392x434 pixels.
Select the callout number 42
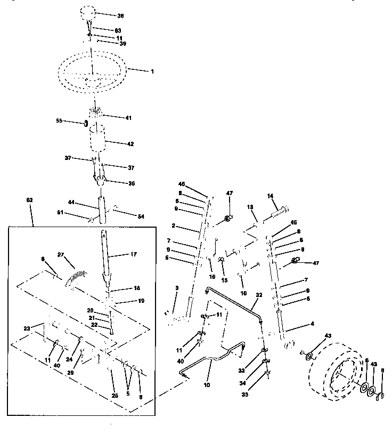pyautogui.click(x=130, y=144)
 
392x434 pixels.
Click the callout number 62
pyautogui.click(x=29, y=200)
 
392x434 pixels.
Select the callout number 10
pyautogui.click(x=207, y=384)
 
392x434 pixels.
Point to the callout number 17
pyautogui.click(x=133, y=254)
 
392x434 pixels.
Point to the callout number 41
pyautogui.click(x=128, y=117)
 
